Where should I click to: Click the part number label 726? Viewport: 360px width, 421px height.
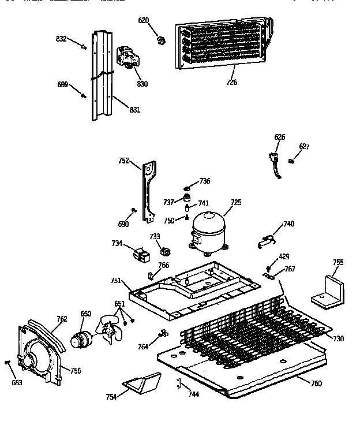click(231, 83)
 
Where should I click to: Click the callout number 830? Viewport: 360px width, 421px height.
click(142, 84)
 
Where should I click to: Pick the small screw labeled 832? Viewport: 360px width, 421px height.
click(84, 47)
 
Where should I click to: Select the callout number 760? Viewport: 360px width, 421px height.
click(316, 384)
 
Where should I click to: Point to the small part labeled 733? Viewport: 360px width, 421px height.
click(167, 251)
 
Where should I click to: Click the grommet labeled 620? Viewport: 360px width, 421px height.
click(162, 40)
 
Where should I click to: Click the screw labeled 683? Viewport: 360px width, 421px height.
click(8, 362)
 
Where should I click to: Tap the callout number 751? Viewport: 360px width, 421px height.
click(115, 281)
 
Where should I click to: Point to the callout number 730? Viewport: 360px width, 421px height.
click(339, 338)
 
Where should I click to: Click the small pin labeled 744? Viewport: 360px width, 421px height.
click(179, 382)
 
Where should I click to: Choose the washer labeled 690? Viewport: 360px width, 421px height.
click(134, 210)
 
